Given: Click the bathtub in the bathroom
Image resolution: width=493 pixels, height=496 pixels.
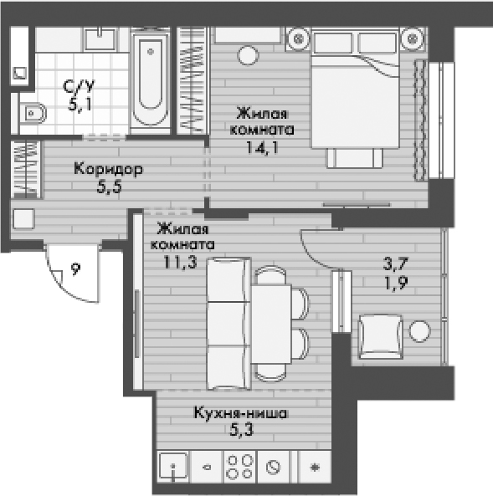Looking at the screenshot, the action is (x=151, y=81).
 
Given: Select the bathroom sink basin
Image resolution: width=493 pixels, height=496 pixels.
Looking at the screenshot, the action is (x=100, y=39).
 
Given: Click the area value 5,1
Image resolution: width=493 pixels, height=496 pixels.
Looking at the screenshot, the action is (x=80, y=105).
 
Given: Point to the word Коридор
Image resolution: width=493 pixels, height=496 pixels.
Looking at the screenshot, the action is (x=108, y=169).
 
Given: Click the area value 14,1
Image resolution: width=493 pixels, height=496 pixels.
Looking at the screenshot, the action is (x=262, y=147).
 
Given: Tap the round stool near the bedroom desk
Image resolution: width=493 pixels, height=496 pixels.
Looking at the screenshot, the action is (x=248, y=56).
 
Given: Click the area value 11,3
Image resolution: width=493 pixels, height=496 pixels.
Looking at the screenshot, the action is (x=180, y=262).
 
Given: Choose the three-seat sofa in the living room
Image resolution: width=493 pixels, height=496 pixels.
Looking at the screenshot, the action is (x=229, y=324).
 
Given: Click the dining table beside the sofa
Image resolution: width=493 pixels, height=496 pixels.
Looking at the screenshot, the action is (x=271, y=324).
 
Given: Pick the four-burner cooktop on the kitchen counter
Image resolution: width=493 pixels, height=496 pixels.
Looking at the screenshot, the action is (x=240, y=467).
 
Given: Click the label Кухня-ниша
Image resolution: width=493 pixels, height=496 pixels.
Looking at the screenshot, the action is (x=241, y=413).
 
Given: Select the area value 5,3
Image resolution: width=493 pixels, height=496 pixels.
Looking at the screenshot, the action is (x=241, y=430).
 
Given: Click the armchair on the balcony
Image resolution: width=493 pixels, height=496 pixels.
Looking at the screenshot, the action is (x=380, y=337).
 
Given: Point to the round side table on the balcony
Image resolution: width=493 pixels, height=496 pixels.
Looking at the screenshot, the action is (x=419, y=331).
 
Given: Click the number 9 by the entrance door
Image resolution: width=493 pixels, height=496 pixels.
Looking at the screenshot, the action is (x=75, y=269).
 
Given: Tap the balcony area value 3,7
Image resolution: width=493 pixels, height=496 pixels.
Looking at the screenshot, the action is (x=396, y=263).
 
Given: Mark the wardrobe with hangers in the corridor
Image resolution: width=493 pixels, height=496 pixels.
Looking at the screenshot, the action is (x=26, y=170).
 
